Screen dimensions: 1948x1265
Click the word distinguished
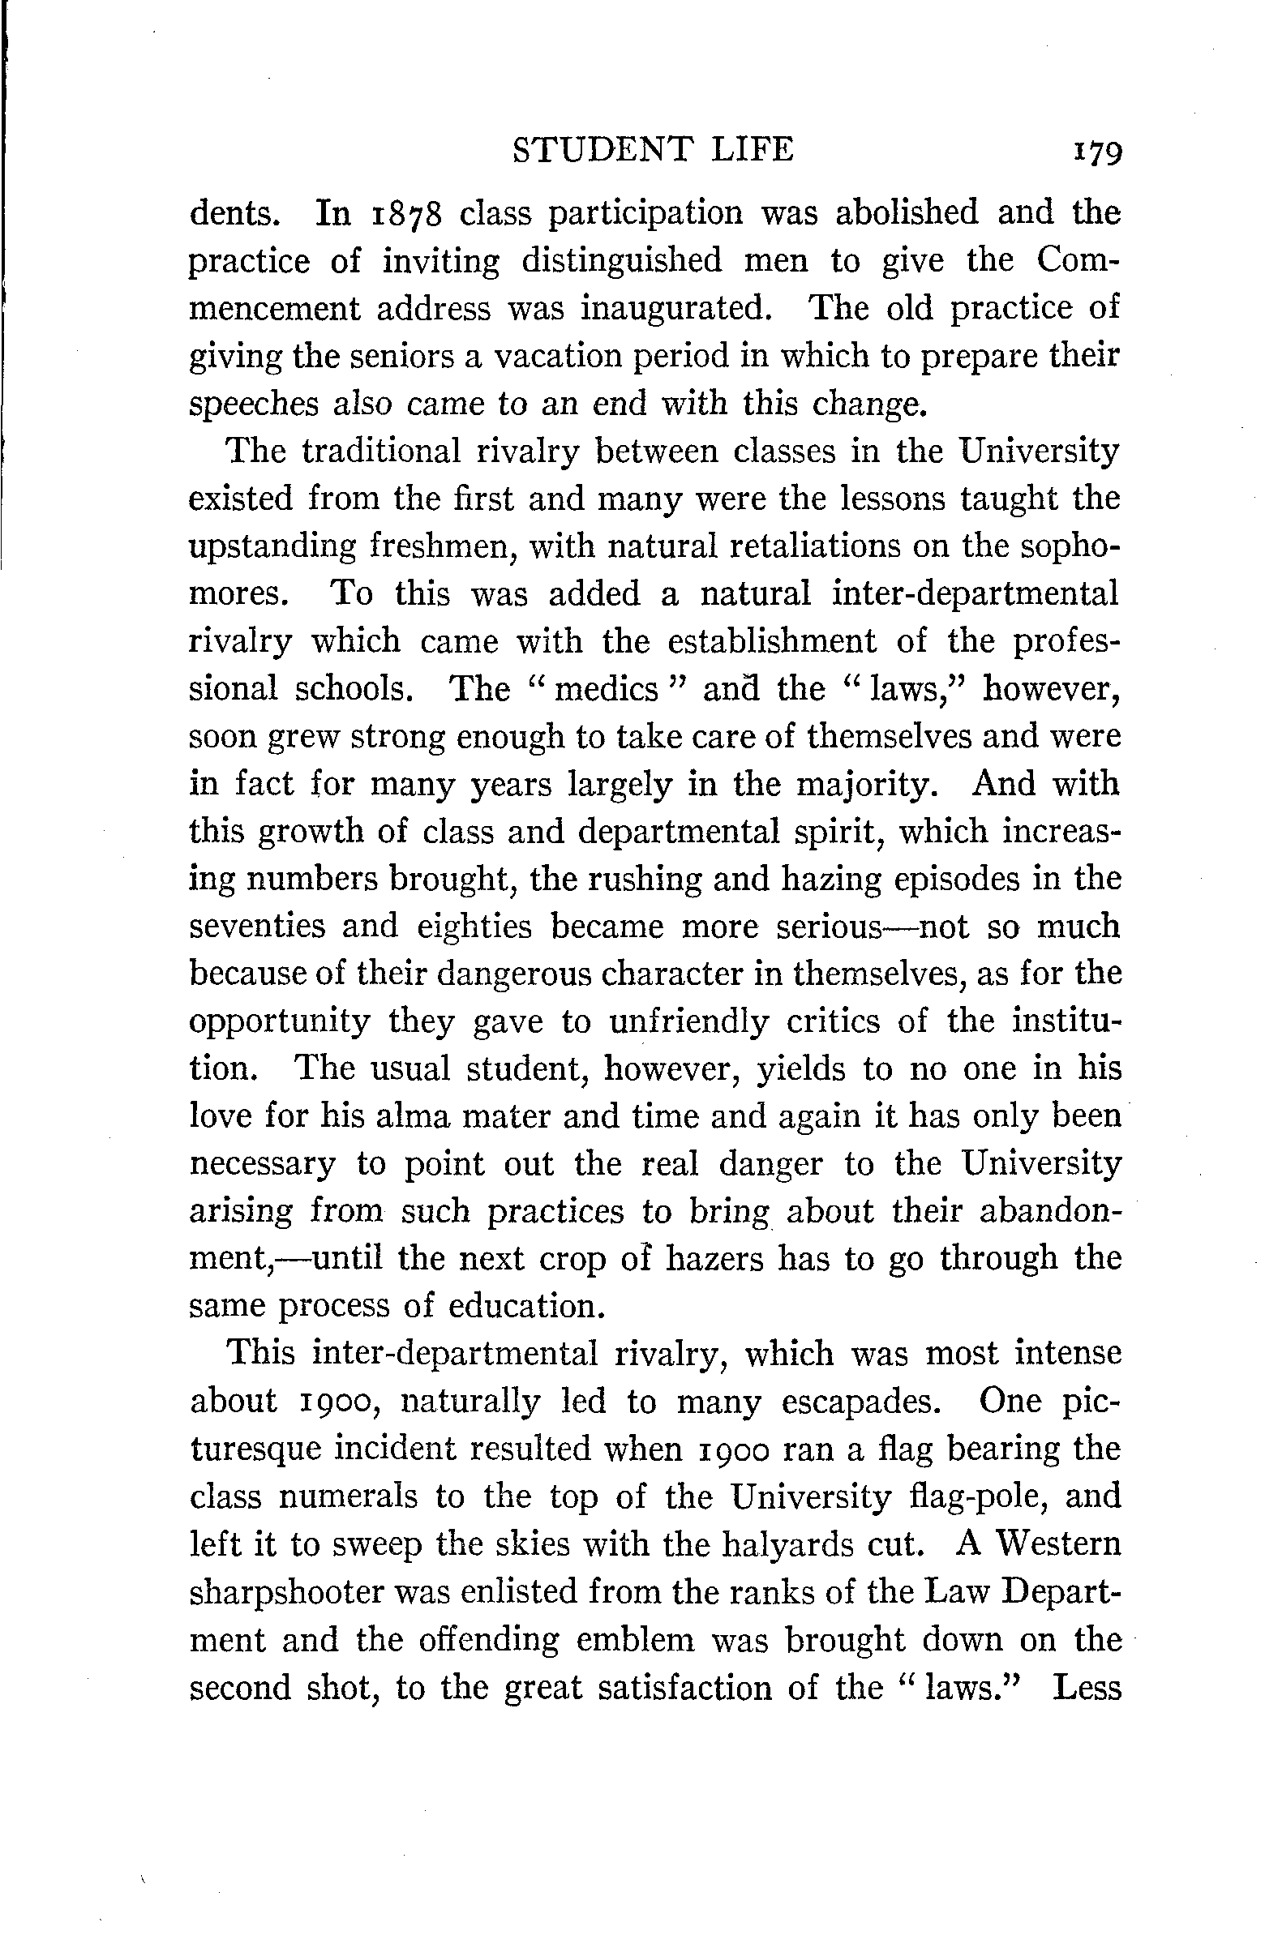(x=623, y=261)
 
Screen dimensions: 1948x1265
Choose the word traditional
(x=382, y=452)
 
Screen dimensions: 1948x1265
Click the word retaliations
(x=816, y=546)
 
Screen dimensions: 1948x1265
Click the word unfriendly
(x=689, y=1021)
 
